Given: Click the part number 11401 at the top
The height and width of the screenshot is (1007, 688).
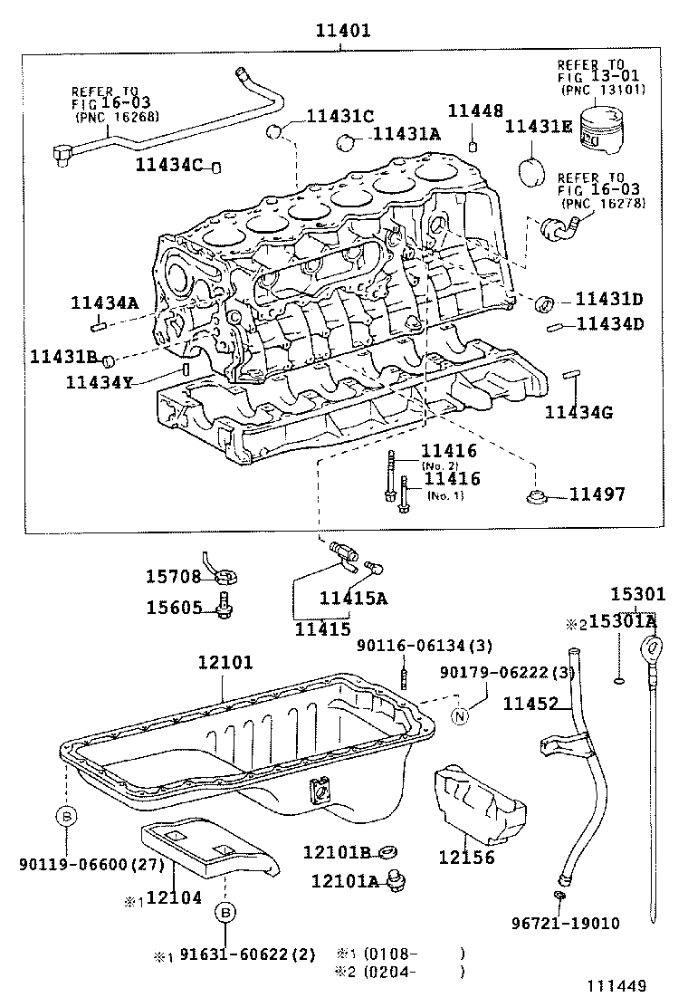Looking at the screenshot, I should pyautogui.click(x=343, y=31).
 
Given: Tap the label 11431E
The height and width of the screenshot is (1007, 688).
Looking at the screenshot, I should pyautogui.click(x=539, y=127).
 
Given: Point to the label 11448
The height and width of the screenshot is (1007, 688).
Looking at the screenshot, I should pyautogui.click(x=475, y=110).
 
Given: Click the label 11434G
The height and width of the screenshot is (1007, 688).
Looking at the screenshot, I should pyautogui.click(x=579, y=413).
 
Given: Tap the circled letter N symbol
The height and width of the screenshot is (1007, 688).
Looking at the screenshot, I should pyautogui.click(x=461, y=715).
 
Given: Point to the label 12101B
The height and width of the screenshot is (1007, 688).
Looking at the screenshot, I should pyautogui.click(x=337, y=852).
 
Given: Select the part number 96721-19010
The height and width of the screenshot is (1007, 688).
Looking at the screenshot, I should pyautogui.click(x=565, y=924).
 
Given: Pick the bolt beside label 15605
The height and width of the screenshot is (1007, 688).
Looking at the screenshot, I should pyautogui.click(x=224, y=608).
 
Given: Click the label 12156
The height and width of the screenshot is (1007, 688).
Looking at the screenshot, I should pyautogui.click(x=466, y=857).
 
